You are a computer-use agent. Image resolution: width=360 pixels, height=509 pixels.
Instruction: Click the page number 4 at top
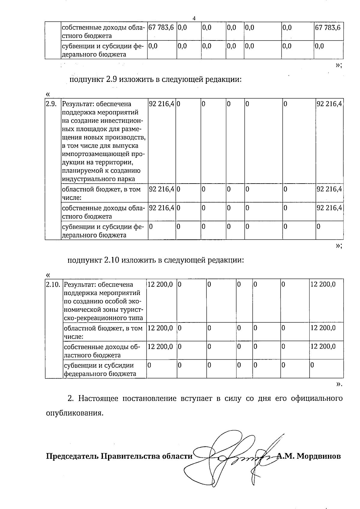point(194,18)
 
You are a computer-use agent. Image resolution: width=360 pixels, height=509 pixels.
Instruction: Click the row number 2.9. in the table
point(51,104)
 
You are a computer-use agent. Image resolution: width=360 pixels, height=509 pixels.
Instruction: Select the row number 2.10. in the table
point(53,284)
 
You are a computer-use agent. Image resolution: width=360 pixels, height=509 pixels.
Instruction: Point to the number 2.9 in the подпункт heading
point(112,79)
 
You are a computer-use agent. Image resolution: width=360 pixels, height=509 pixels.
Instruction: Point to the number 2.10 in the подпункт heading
point(112,260)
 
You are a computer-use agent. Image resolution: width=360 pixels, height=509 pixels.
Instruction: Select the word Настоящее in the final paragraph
point(98,398)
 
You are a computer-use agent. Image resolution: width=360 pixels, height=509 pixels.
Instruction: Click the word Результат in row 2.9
point(77,104)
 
